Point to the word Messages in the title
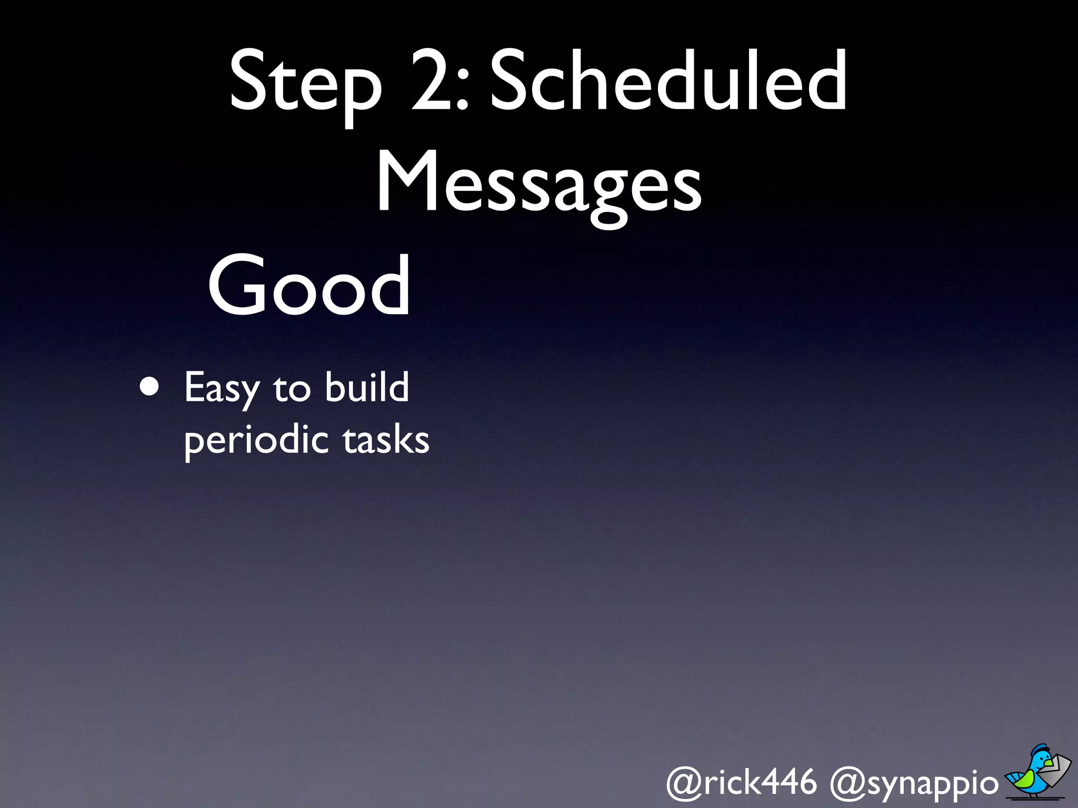pyautogui.click(x=539, y=184)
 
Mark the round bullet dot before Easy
pyautogui.click(x=149, y=387)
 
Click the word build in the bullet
pyautogui.click(x=366, y=387)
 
